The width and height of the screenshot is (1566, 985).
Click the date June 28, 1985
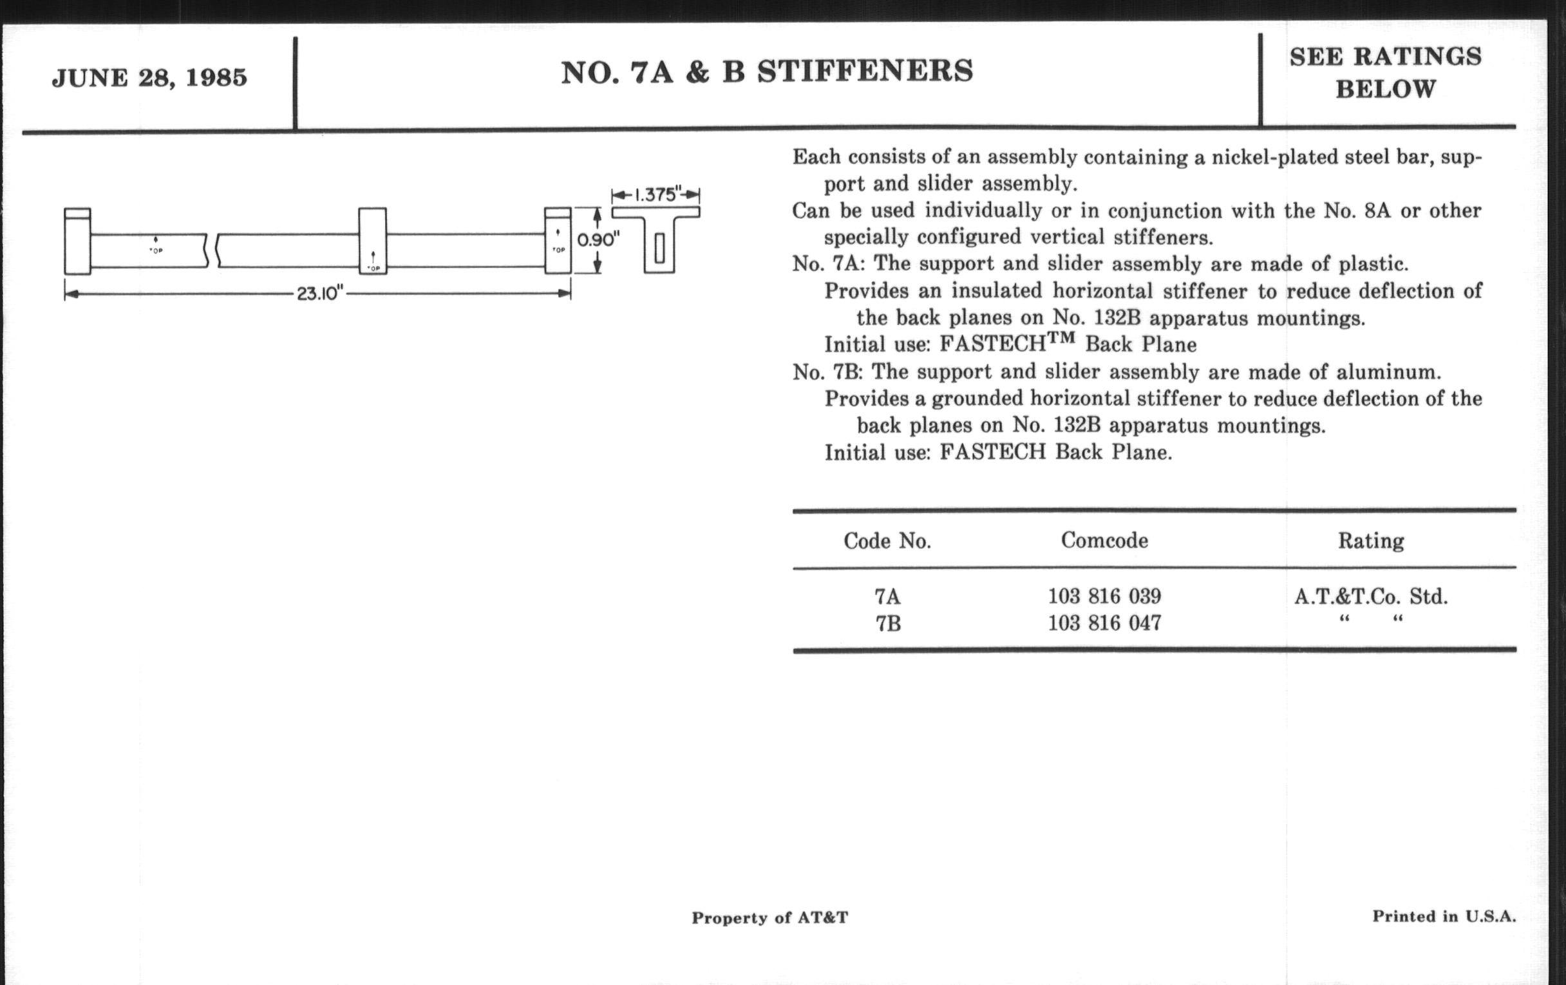pos(149,78)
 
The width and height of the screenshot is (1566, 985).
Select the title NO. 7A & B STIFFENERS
pos(767,71)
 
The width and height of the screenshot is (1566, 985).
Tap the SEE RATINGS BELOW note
pos(1385,72)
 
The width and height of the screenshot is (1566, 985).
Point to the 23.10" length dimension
pos(319,294)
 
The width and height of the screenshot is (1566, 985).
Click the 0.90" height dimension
pos(596,240)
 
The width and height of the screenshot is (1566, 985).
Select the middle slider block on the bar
pos(373,241)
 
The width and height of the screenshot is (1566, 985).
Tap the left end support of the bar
pos(77,241)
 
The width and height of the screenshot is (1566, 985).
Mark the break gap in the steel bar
pos(212,251)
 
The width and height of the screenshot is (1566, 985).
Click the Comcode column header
pos(1104,540)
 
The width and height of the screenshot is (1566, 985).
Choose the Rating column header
pos(1371,541)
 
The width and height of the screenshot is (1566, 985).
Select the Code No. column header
pos(887,541)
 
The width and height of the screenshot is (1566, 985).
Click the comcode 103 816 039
pos(1104,596)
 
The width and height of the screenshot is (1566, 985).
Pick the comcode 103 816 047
pos(1104,623)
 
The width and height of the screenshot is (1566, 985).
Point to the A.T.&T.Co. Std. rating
pos(1371,596)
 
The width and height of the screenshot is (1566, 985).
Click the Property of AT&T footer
pos(770,917)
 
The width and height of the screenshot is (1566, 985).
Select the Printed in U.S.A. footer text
pos(1444,916)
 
